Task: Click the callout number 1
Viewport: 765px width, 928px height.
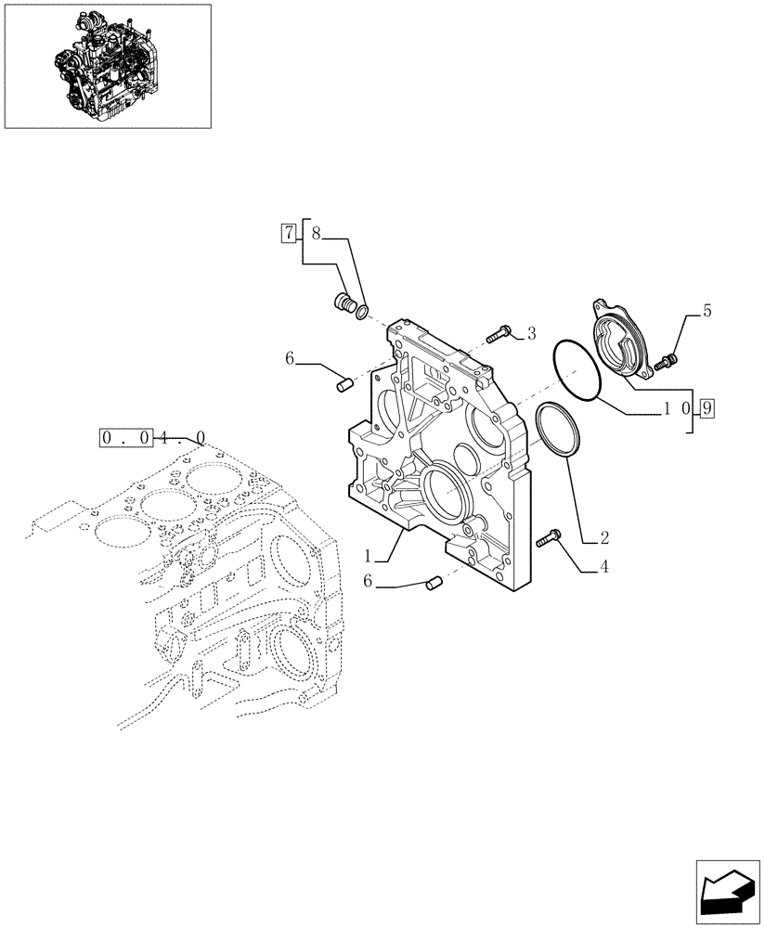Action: tap(368, 557)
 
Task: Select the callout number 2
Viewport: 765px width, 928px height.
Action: tap(604, 537)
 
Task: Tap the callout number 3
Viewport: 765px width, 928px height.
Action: tap(532, 332)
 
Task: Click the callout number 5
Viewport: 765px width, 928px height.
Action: tap(707, 312)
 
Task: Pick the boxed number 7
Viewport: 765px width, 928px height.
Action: tap(289, 234)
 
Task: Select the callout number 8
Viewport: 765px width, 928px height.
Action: tap(316, 234)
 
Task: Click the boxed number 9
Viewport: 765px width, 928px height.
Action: tap(707, 406)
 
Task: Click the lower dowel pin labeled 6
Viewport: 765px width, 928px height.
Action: tap(431, 583)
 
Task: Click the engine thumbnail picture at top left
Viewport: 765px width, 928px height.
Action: tap(108, 66)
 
